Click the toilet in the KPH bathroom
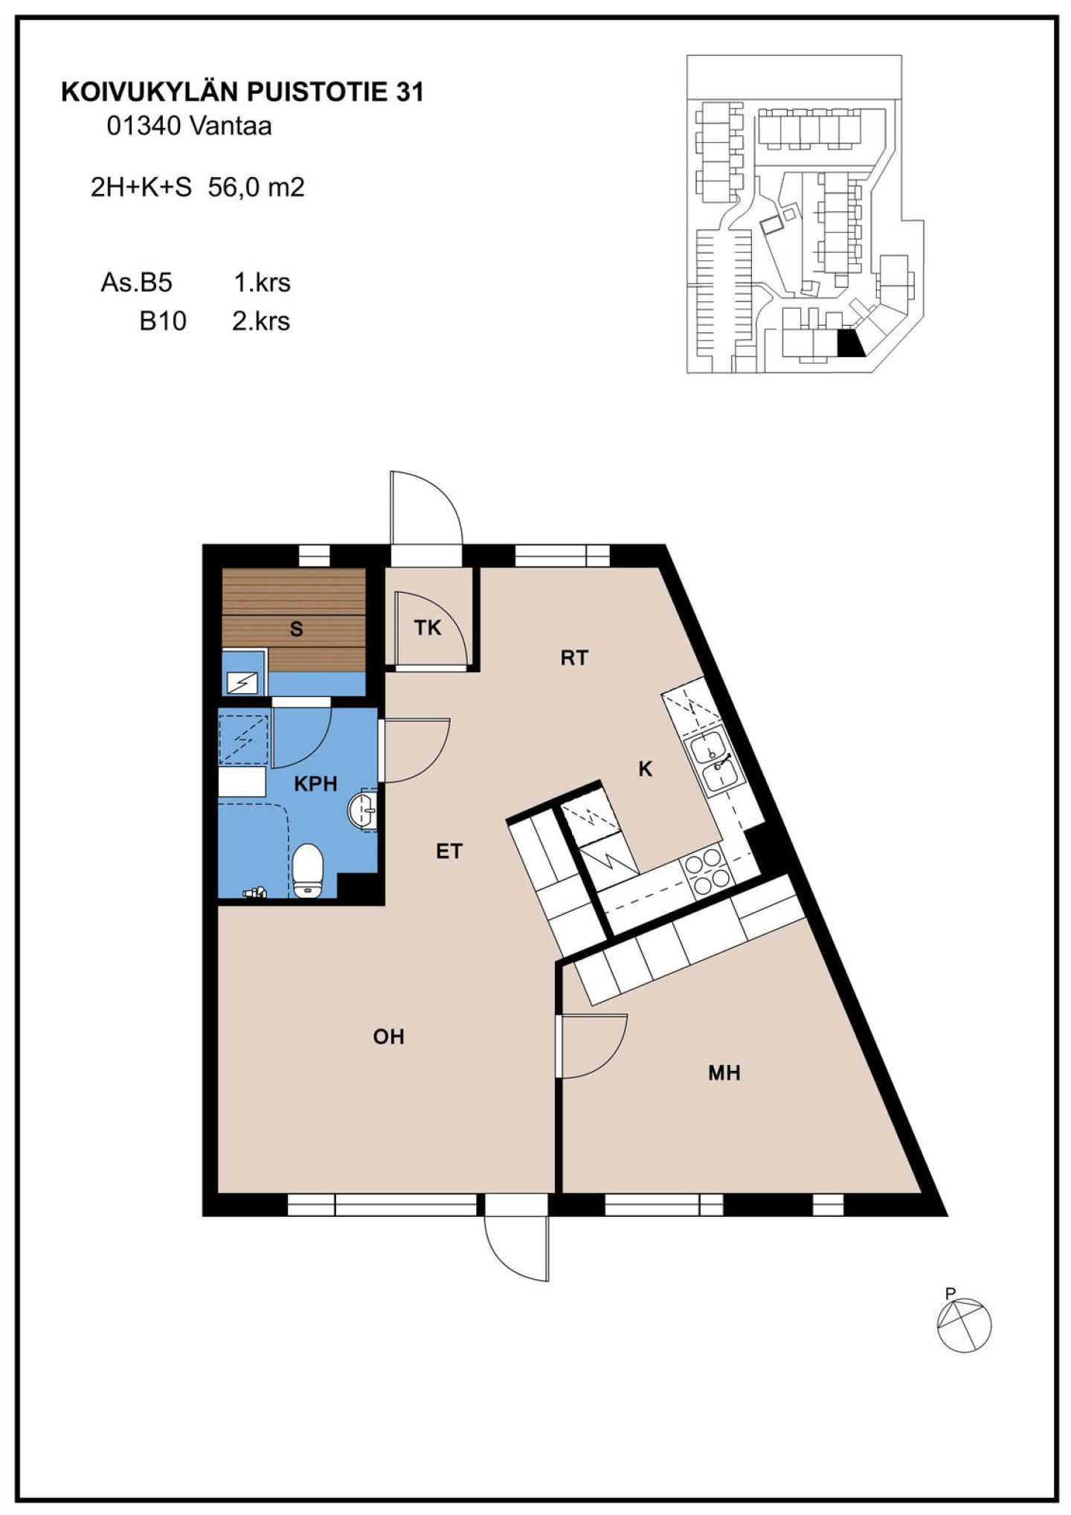(308, 870)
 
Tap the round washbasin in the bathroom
(362, 808)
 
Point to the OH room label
(388, 1037)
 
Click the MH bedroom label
(724, 1073)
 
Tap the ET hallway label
(449, 852)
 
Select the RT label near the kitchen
(574, 657)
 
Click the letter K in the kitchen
(645, 769)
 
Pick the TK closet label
(428, 628)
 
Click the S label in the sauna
(296, 629)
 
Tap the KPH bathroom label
(315, 784)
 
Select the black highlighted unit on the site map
(850, 344)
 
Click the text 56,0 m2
(257, 187)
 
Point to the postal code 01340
(144, 126)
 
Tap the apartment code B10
(163, 321)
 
